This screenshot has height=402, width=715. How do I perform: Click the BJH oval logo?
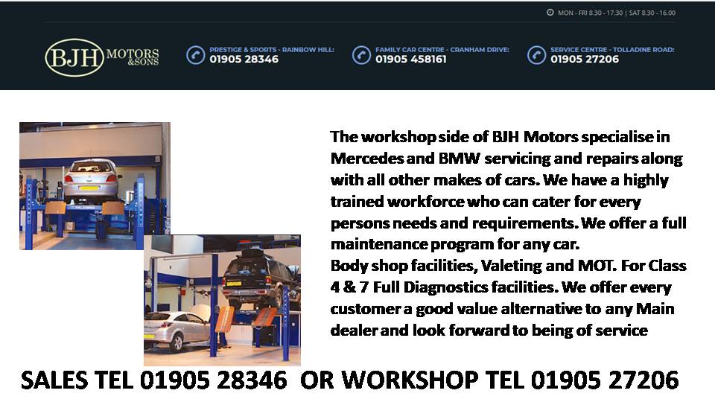tap(74, 57)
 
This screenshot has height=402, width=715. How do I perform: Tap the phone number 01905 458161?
tap(411, 60)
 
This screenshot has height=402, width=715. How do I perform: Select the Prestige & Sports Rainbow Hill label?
tap(272, 49)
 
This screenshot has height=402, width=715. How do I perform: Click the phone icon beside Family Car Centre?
tap(361, 55)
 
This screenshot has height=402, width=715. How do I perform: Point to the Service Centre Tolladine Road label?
tap(612, 49)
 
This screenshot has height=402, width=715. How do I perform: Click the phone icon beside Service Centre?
tap(536, 55)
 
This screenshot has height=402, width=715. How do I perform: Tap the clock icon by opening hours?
tap(550, 13)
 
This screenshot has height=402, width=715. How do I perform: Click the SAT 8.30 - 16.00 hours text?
tap(652, 13)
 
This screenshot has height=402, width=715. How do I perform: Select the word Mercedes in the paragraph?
tap(367, 158)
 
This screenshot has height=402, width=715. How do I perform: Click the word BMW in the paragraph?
tap(460, 158)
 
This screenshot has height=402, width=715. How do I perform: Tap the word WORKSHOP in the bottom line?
tap(410, 380)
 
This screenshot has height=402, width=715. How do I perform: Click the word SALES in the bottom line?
tap(54, 380)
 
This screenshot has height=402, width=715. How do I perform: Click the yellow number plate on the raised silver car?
tap(89, 188)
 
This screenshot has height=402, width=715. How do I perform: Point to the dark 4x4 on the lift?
tap(261, 277)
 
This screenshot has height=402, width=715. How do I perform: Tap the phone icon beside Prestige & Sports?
tap(196, 55)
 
